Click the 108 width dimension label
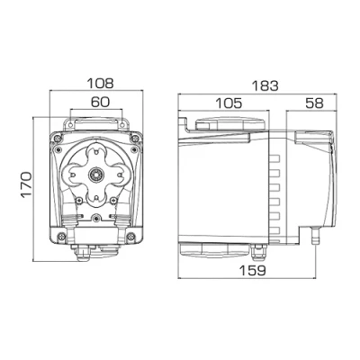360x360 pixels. [x=100, y=84]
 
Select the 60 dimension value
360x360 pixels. [x=100, y=103]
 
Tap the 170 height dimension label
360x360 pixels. [x=26, y=184]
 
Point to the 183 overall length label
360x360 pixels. [x=265, y=86]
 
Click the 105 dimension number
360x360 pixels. [x=229, y=103]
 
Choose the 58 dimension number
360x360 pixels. [x=314, y=103]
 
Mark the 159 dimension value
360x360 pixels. [x=253, y=271]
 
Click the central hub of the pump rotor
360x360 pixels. [x=95, y=174]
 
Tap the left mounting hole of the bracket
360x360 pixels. [x=69, y=124]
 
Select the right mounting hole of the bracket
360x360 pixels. [x=121, y=124]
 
